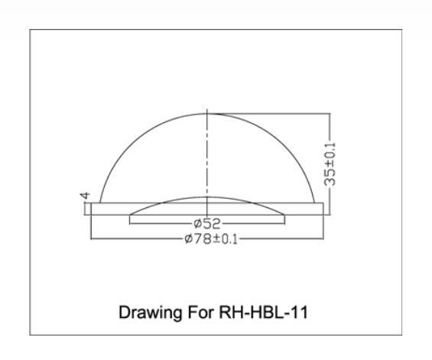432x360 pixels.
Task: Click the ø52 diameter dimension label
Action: point(207,224)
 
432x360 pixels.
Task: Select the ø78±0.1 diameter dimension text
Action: point(211,239)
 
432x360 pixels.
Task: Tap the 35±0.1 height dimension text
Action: point(330,164)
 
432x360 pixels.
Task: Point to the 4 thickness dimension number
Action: point(85,196)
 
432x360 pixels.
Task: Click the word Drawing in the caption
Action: point(150,313)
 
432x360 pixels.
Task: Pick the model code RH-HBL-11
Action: point(263,313)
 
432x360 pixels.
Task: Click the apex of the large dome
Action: point(207,113)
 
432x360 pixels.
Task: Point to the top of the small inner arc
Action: point(207,197)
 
